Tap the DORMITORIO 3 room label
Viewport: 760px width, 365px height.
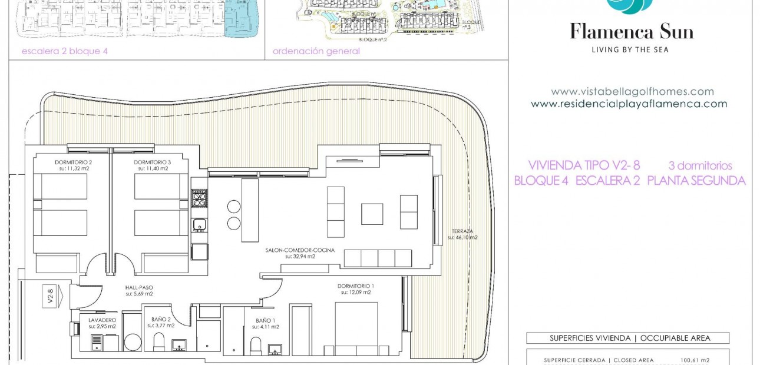[x=152, y=162]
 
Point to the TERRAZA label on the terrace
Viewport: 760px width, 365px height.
[x=462, y=231]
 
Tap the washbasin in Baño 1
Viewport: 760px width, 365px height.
[x=275, y=350]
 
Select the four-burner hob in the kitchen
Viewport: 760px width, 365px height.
[x=199, y=198]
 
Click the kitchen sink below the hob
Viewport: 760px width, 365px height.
[x=200, y=224]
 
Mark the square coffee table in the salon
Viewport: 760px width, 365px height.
[x=372, y=214]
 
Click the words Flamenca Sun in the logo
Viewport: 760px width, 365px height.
[x=631, y=31]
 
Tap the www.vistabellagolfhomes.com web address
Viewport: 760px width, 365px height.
[x=632, y=92]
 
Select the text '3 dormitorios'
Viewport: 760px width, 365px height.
[x=700, y=165]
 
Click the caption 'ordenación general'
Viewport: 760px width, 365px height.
[x=316, y=51]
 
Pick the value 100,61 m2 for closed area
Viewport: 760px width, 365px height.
[x=695, y=360]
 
